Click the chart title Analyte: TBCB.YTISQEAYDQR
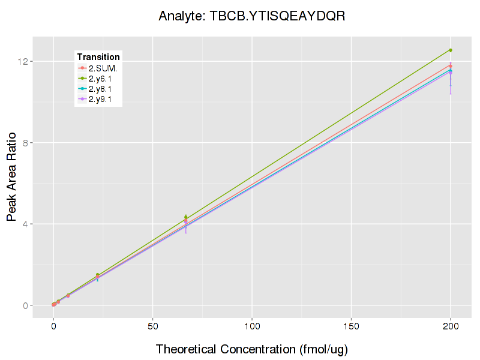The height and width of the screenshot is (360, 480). (251, 16)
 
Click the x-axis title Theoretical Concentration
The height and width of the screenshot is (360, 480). (251, 349)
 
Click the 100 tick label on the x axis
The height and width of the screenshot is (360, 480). (252, 327)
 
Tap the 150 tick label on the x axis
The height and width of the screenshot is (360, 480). (351, 327)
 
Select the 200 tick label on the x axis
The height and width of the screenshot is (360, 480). (451, 327)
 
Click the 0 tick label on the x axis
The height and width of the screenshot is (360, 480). (53, 327)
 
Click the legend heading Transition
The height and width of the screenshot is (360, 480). (98, 57)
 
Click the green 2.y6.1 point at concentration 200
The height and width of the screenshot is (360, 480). (451, 50)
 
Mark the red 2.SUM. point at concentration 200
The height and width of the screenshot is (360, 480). (451, 65)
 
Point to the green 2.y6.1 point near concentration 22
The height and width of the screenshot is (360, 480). (97, 275)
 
